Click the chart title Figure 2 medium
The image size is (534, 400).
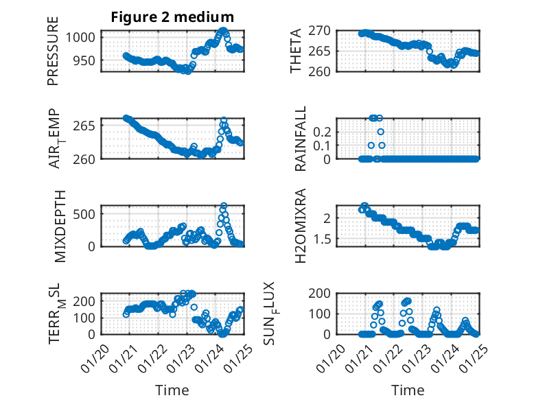(172, 16)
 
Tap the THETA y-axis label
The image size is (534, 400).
(296, 51)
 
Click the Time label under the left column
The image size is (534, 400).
(172, 390)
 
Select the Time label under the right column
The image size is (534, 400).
(408, 390)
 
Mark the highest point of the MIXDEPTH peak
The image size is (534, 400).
(224, 206)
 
